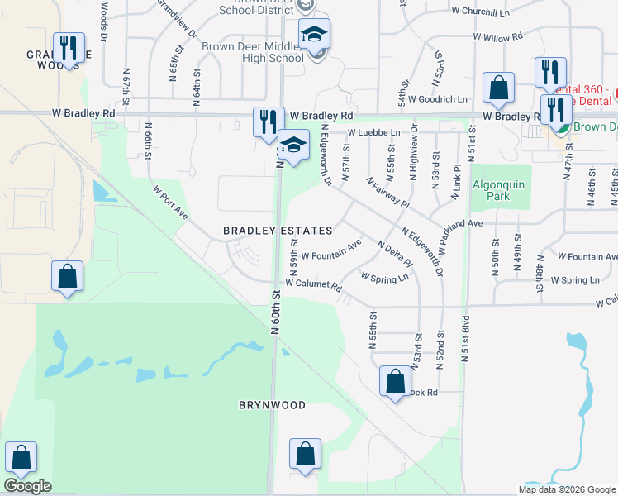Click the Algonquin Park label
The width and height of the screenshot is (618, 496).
coord(499,191)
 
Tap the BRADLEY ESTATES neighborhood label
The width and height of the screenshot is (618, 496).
coord(278,231)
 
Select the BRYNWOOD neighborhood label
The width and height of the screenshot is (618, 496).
coord(272,405)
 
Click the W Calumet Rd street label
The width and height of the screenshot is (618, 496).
coord(313,285)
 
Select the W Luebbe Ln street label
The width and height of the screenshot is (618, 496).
coord(373,132)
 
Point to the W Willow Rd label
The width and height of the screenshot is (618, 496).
coord(494,38)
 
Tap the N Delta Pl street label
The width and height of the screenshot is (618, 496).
coord(394,254)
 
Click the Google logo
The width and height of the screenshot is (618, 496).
coord(27,485)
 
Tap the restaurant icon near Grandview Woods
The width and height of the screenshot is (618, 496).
coord(68,47)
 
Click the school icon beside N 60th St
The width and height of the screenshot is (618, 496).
coord(292,145)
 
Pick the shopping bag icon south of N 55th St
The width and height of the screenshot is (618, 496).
coord(395,381)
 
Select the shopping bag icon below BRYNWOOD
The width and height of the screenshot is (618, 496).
coord(305,454)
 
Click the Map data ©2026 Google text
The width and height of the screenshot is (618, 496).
coord(568,489)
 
